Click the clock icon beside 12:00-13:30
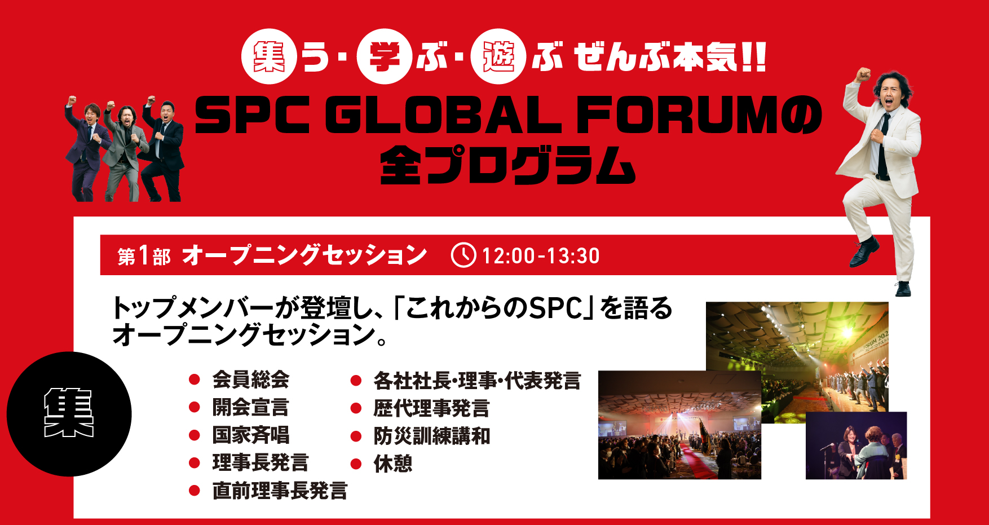[463, 255]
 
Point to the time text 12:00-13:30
[541, 256]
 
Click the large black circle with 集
[69, 414]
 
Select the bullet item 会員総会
[250, 380]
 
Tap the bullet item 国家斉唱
[250, 435]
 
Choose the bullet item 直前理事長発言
[280, 491]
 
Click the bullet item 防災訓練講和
[431, 436]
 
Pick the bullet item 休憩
[393, 464]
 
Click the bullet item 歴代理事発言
[431, 408]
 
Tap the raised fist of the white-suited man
[862, 75]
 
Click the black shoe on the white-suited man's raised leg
[864, 253]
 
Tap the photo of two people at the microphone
[856, 445]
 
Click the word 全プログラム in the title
[507, 165]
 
